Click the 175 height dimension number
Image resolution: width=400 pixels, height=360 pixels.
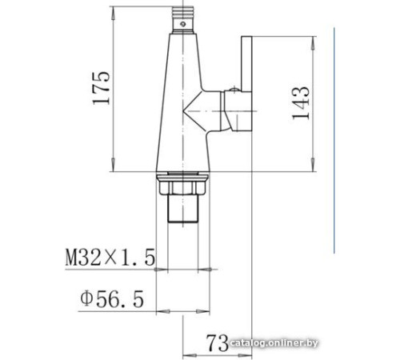click(102, 89)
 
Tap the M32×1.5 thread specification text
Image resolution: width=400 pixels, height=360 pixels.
click(110, 258)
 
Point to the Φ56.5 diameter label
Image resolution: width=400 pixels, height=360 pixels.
click(111, 299)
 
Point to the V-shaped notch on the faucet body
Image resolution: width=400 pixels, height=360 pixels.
click(193, 109)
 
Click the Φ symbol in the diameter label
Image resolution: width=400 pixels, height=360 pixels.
click(86, 299)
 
